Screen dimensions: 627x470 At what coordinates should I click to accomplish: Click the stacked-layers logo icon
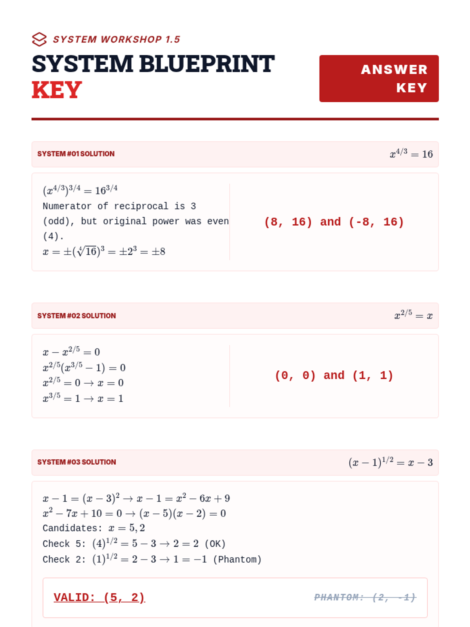click(x=39, y=39)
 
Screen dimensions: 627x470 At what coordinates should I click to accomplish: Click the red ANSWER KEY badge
click(x=379, y=78)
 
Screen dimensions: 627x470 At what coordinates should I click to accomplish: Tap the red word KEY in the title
click(x=57, y=90)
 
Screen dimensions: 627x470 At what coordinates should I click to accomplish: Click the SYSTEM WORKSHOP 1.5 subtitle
click(x=116, y=40)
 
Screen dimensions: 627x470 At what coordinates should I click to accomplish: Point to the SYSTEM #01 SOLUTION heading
click(x=76, y=154)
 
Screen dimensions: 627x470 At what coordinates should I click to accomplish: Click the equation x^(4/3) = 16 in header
click(x=411, y=154)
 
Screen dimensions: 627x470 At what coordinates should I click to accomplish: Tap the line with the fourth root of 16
click(x=104, y=252)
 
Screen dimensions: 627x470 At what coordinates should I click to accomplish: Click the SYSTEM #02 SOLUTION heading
click(x=76, y=316)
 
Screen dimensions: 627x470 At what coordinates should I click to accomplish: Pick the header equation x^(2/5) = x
click(x=413, y=315)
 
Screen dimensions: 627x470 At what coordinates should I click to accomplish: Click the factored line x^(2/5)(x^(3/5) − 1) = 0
click(x=84, y=368)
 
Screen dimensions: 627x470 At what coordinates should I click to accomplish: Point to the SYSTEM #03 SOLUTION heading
click(x=76, y=462)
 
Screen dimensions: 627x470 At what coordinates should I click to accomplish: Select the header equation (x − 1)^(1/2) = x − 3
click(x=390, y=463)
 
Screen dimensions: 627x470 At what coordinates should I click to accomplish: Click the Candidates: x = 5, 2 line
click(x=94, y=528)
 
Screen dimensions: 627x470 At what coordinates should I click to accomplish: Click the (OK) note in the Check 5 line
click(x=215, y=544)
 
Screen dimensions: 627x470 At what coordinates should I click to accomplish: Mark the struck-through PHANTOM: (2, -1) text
click(x=365, y=598)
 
